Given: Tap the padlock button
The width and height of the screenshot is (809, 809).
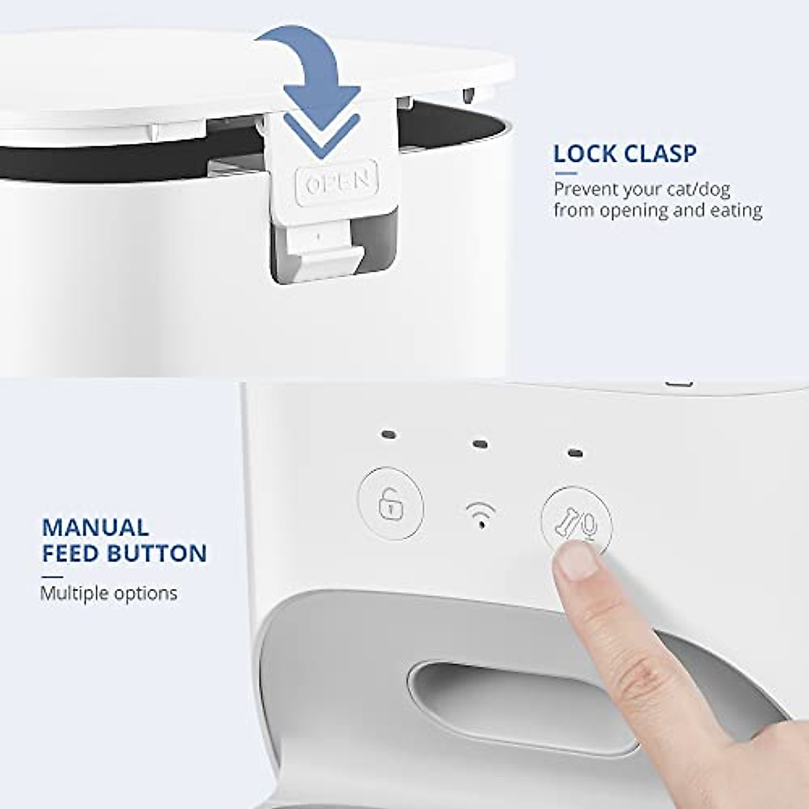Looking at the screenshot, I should point(390,506).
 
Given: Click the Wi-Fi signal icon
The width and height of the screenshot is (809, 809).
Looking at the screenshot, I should point(480,515).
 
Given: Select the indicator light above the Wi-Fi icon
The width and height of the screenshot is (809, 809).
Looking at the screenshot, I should point(480,444).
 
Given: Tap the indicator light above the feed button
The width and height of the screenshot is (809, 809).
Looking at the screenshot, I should point(575,452).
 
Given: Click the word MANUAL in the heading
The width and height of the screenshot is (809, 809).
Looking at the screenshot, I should point(95,527).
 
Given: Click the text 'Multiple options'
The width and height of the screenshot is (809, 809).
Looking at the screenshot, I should point(109,593).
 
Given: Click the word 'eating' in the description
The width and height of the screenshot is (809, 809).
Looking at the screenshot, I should point(736,210).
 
